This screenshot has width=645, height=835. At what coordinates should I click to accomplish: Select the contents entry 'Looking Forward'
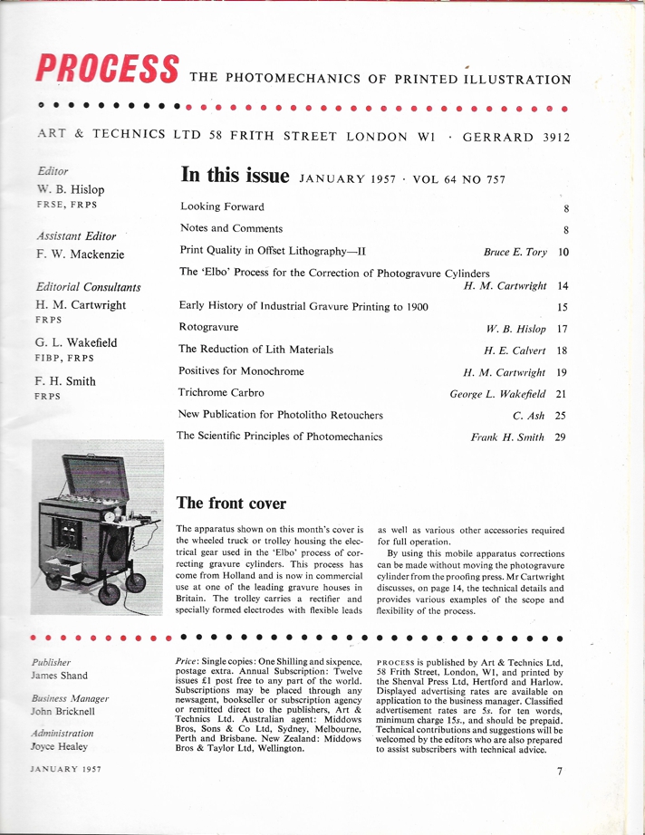click(x=222, y=206)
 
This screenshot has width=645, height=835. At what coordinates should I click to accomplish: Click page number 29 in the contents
click(x=562, y=437)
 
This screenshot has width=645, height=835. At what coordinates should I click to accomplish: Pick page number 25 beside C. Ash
click(x=562, y=416)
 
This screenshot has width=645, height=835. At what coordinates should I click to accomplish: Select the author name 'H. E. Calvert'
click(x=513, y=350)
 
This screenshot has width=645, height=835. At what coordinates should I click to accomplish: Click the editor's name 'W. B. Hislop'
click(x=71, y=189)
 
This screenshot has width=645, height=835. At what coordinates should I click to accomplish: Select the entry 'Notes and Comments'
click(x=231, y=228)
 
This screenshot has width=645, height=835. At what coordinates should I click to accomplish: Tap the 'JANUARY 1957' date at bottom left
click(x=65, y=769)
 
